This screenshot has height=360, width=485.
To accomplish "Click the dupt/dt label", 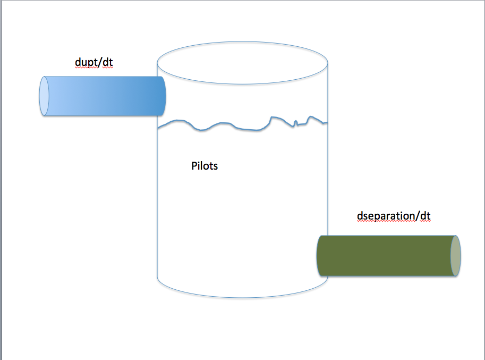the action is click(93, 62).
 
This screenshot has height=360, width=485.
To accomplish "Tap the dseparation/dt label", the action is click(394, 216).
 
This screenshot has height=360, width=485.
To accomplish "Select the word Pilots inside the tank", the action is click(205, 166).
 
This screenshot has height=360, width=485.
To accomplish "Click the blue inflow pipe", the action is click(103, 96).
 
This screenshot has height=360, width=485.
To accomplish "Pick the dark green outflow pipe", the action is click(388, 256).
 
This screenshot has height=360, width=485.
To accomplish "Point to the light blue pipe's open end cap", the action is click(44, 96).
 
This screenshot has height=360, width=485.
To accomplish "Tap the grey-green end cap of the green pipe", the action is click(456, 256).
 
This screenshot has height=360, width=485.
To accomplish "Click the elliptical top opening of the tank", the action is click(242, 63).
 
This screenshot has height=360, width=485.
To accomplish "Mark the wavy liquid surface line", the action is click(242, 123).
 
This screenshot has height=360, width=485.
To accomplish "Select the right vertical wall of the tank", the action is click(328, 148).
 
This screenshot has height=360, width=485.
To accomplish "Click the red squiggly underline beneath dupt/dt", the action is click(93, 68).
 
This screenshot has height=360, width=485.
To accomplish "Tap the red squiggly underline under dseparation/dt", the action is click(394, 221).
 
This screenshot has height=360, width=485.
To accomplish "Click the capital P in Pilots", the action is click(194, 165).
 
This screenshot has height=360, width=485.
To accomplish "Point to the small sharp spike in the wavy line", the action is click(296, 123).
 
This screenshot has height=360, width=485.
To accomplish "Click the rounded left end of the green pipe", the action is click(319, 256).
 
